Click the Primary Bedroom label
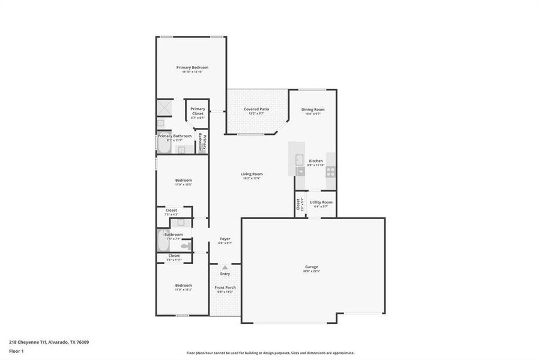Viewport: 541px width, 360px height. pos(192,67)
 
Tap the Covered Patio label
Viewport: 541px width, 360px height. pos(256,109)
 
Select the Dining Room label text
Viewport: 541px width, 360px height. pos(313,109)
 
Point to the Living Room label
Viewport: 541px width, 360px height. pos(252,174)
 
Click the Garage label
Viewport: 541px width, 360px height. pos(312,266)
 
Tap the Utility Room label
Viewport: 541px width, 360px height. pos(321,202)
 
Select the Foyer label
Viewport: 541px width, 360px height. pos(225,239)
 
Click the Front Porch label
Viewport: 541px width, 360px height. pos(225,287)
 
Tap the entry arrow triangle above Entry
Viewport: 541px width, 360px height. pos(225,267)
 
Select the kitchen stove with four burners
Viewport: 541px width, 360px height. pos(330,171)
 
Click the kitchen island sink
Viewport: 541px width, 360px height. pos(298,160)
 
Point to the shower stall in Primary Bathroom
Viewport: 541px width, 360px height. pos(165,107)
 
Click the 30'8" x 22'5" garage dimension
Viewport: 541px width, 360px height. pos(312,271)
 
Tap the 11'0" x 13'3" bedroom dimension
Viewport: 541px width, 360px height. pos(183,290)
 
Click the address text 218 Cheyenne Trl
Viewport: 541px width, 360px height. pos(49,342)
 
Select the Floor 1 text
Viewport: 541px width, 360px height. pos(16,352)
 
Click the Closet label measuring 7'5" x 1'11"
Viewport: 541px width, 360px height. pos(174,256)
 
